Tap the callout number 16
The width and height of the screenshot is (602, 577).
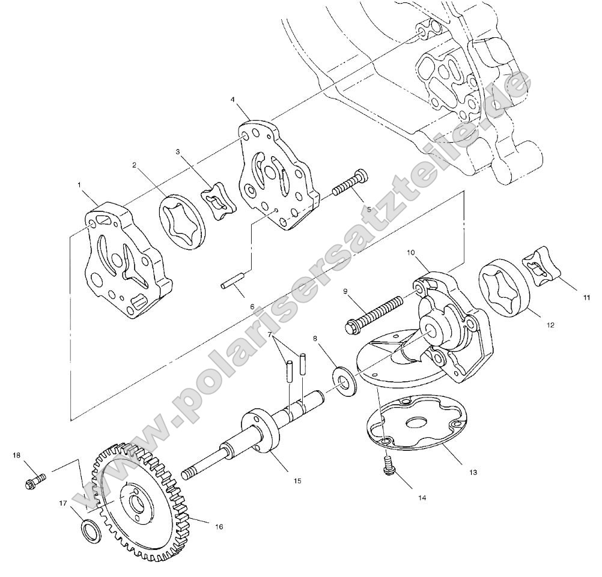pos(219,527)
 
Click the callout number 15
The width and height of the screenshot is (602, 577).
pos(297,481)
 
